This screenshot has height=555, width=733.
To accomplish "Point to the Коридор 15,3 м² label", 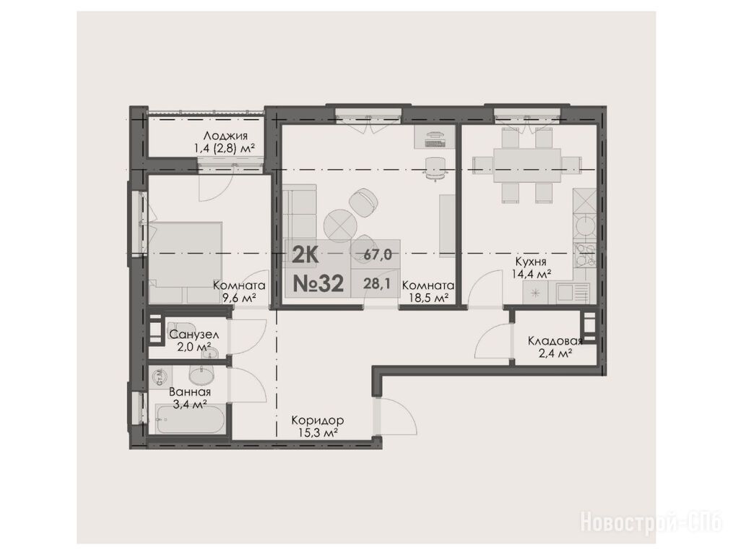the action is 318,426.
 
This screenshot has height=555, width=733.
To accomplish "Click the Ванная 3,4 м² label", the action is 190,398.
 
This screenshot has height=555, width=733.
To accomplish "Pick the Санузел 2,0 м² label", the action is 194,340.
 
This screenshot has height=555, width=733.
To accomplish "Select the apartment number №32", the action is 318,283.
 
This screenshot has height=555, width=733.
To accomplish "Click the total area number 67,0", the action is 378,255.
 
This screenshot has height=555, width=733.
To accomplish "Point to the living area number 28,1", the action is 377,283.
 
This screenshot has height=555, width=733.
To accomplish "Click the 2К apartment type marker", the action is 305,256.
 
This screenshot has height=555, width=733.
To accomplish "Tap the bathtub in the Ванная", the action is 191,421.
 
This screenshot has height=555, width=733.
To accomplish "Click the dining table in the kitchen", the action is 527,165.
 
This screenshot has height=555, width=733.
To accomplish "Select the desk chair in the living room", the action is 435,168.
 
